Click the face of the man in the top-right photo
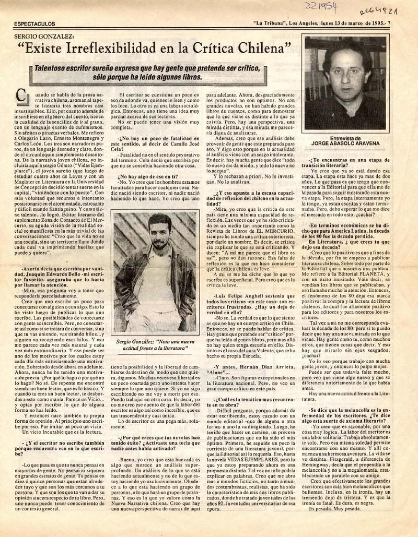[x=345, y=76]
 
